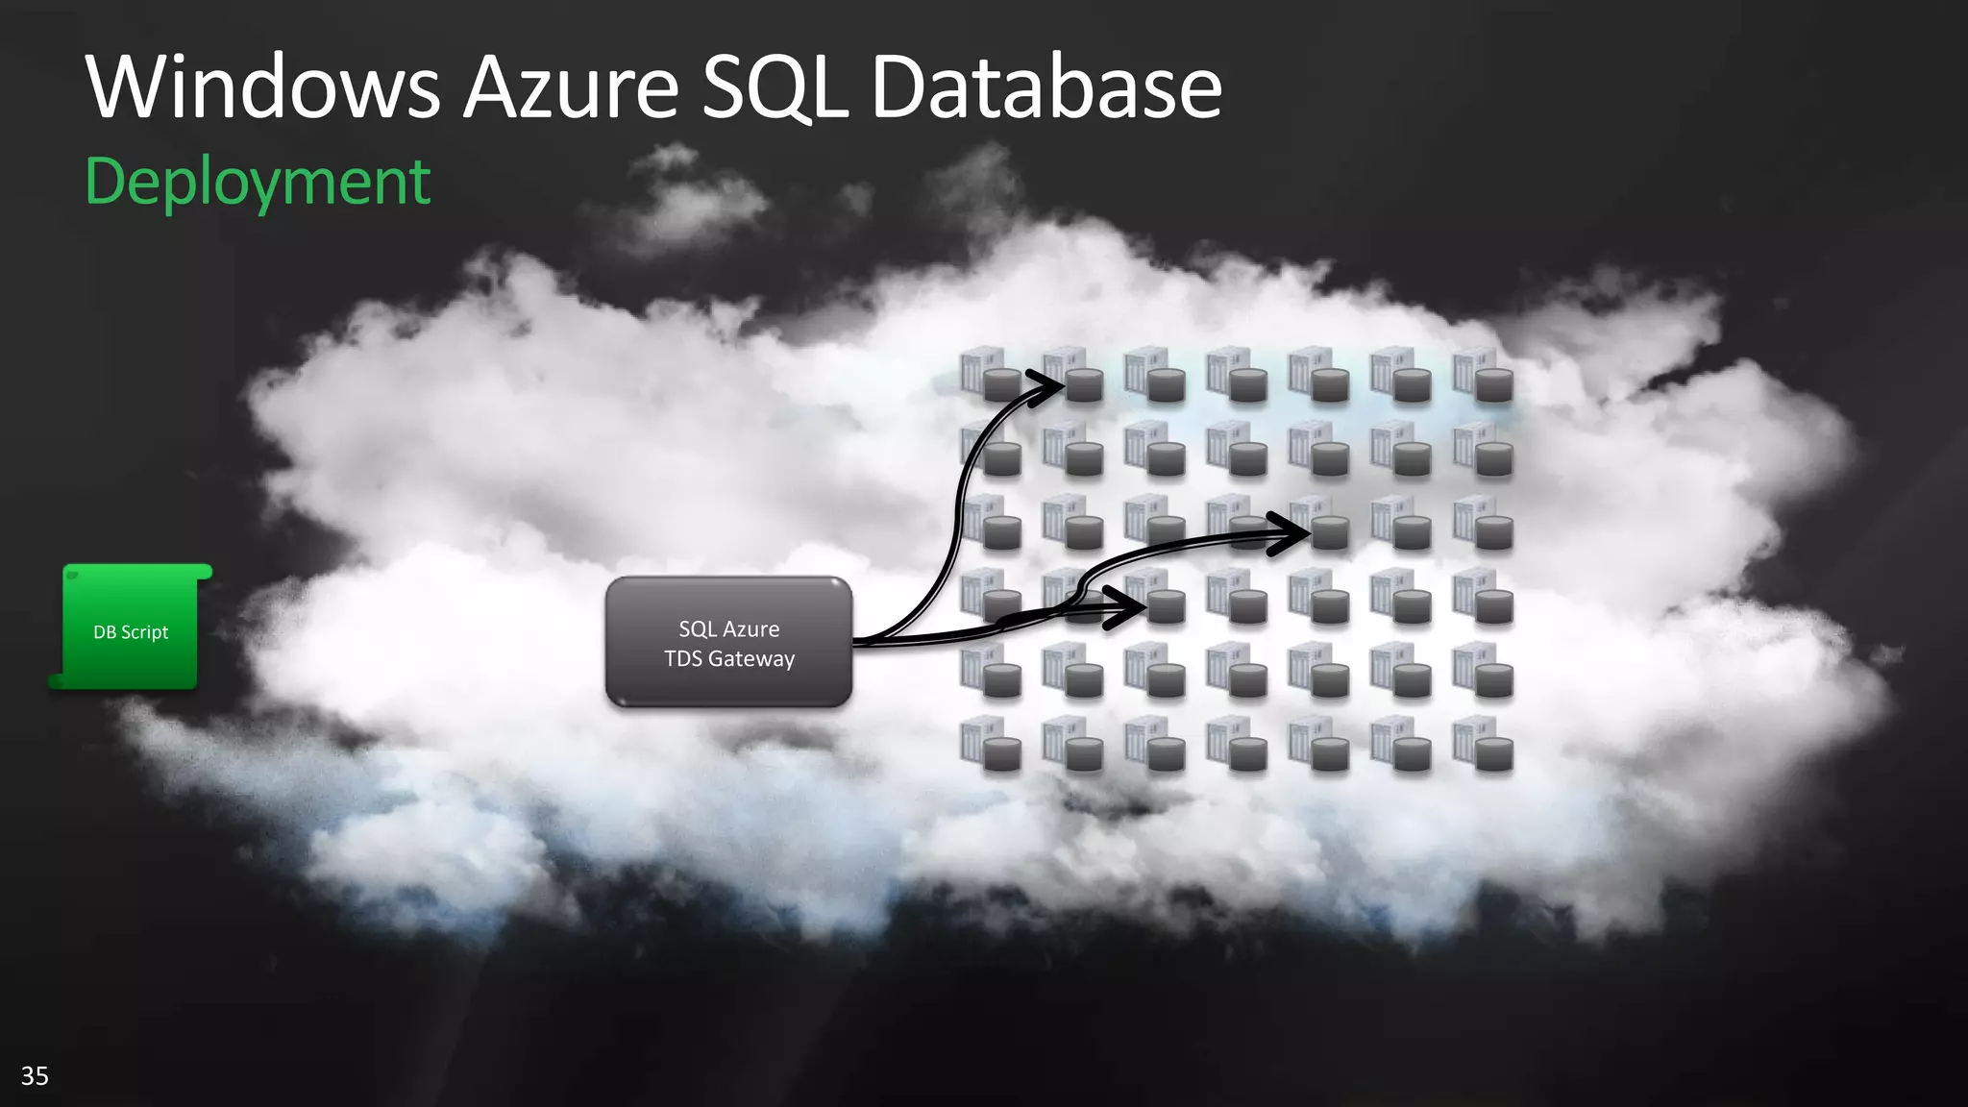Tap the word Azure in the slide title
pos(571,88)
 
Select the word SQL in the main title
pos(775,88)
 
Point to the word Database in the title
pos(1046,88)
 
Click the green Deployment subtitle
pos(258,183)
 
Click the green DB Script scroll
pos(131,628)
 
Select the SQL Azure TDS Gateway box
pos(728,642)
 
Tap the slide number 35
pos(35,1075)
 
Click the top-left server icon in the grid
pos(990,375)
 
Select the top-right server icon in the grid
pos(1483,375)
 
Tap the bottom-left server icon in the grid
pos(990,744)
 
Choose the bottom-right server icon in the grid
pos(1483,744)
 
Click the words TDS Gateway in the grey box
pos(729,659)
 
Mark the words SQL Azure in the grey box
pos(729,629)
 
